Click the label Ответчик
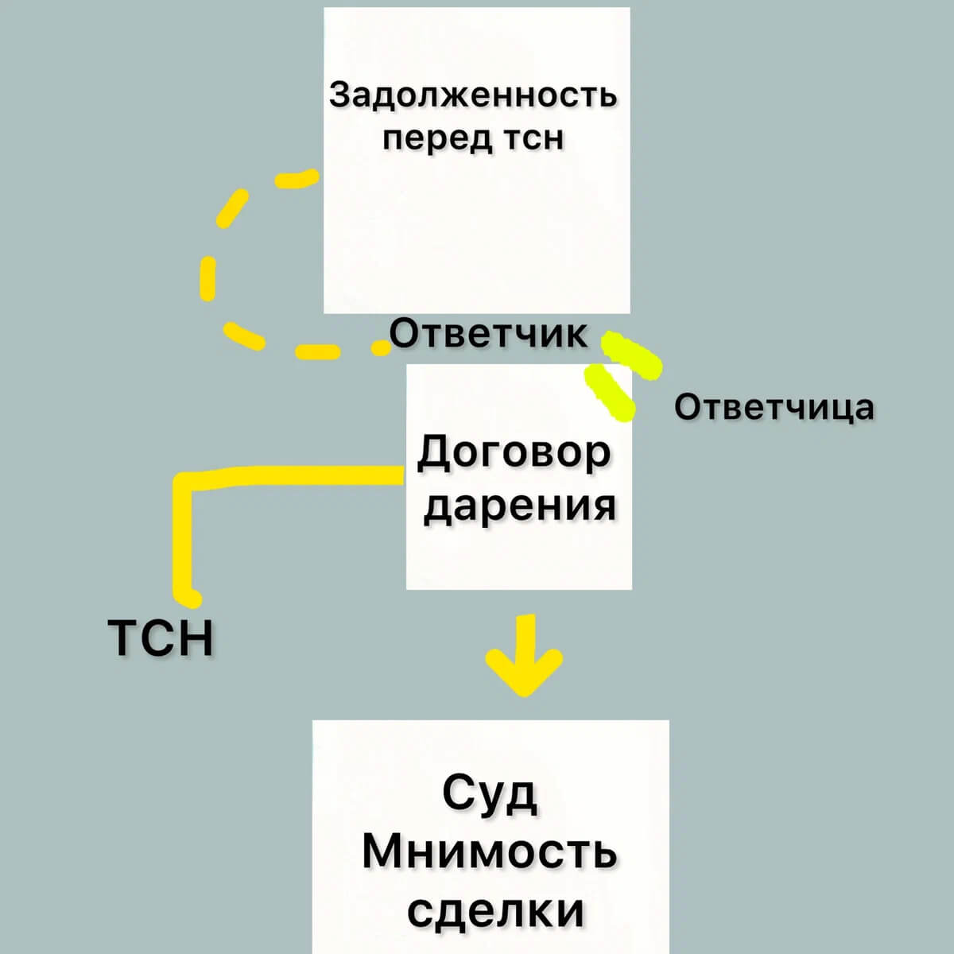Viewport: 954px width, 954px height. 489,334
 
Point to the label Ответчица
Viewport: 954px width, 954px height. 774,407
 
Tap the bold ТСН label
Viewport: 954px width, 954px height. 161,638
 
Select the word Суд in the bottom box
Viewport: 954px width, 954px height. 490,793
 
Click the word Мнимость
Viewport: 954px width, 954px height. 490,851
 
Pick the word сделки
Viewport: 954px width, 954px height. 496,910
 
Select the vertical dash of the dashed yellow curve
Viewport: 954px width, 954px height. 207,278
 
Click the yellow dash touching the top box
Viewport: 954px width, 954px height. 297,179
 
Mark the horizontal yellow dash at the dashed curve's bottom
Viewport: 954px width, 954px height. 317,351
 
